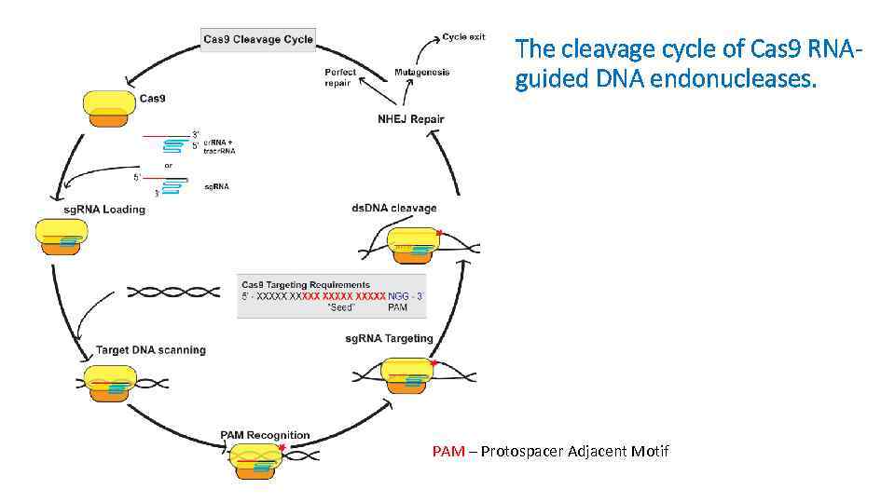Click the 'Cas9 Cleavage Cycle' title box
coord(258,39)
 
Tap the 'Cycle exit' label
coord(463,37)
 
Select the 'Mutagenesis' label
coord(421,72)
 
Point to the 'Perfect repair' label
coord(339,77)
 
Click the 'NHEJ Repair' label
coord(410,118)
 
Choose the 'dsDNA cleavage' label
coord(393,208)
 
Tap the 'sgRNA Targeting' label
coord(389,338)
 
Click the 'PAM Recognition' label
coord(265,435)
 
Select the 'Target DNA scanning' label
coord(151,350)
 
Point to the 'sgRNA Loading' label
coord(104,210)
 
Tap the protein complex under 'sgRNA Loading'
coord(61,239)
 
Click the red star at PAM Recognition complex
coord(282,449)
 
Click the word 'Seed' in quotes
coord(342,307)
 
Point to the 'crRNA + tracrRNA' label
coord(219,146)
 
